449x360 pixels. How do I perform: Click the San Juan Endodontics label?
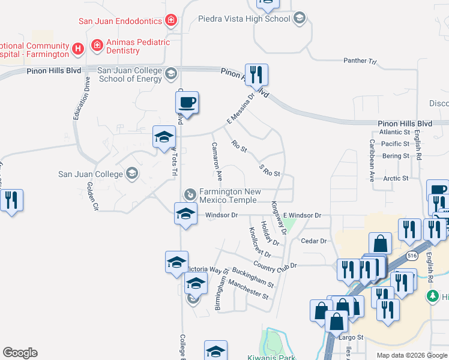120,21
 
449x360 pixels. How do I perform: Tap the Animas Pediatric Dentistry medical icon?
97,46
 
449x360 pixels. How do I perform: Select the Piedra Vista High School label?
244,19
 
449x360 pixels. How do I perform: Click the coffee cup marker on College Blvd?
187,103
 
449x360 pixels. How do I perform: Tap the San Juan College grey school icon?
131,175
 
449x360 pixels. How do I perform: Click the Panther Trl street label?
360,61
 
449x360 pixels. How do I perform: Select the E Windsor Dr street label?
303,215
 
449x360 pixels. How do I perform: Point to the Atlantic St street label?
394,132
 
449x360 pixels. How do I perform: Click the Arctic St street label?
396,178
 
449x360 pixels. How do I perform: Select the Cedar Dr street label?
313,241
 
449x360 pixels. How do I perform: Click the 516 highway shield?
411,256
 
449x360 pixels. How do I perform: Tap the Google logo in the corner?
20,353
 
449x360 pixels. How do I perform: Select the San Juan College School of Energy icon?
170,74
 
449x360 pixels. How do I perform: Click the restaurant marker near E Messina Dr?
256,75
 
